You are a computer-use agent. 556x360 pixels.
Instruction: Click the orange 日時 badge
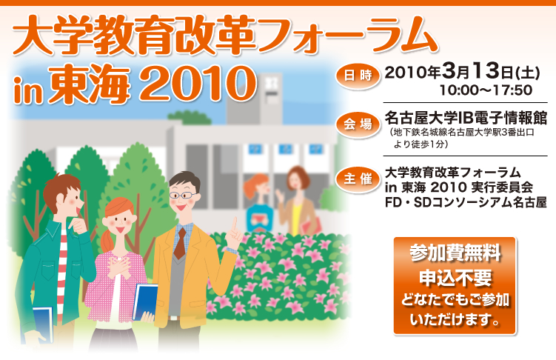(358, 76)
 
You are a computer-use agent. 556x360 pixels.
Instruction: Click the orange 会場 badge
(358, 124)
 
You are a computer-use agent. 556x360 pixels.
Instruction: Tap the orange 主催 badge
(358, 179)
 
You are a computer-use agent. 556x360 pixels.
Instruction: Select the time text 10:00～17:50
(486, 90)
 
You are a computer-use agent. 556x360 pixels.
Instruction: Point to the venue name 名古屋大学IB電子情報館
(466, 118)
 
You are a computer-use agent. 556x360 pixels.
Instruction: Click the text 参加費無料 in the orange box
(455, 253)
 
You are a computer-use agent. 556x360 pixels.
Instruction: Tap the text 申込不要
(455, 278)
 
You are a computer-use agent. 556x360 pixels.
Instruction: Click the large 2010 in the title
(198, 84)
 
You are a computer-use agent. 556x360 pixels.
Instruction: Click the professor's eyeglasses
(183, 195)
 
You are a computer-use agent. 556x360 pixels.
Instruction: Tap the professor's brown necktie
(180, 244)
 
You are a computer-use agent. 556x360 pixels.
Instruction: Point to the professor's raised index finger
(234, 224)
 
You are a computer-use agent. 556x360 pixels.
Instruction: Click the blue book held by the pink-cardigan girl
(144, 302)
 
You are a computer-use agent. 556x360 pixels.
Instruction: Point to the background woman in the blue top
(259, 202)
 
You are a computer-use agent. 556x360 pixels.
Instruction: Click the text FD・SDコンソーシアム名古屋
(466, 202)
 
